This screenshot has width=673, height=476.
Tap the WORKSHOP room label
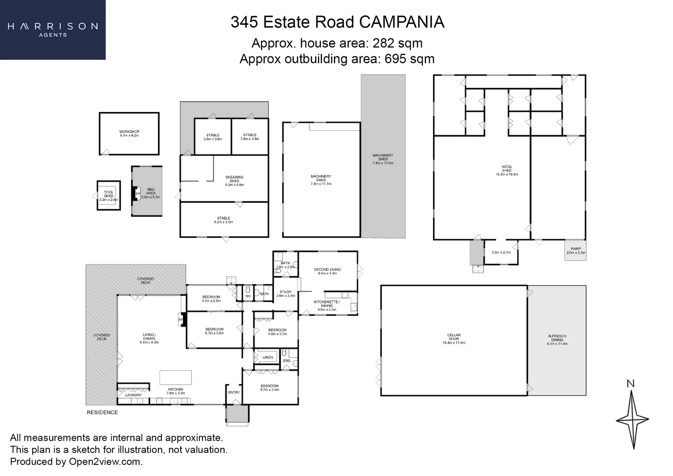(129, 134)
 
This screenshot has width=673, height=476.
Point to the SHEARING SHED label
(234, 181)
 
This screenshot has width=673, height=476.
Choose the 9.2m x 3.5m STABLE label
(224, 220)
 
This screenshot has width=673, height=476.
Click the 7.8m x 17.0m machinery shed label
(383, 159)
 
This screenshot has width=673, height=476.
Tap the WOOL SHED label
(507, 171)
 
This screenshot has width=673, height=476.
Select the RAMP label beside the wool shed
(576, 250)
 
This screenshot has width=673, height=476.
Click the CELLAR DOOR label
(454, 338)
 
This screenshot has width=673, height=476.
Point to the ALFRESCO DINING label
(557, 339)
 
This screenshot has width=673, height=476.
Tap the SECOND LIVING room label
(327, 271)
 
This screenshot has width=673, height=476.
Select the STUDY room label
(285, 294)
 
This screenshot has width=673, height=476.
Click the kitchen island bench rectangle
(176, 378)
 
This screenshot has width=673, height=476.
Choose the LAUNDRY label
(133, 395)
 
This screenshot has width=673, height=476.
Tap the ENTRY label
(234, 392)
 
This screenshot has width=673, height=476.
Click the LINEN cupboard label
(268, 357)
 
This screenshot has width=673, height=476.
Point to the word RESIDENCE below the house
(102, 413)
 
